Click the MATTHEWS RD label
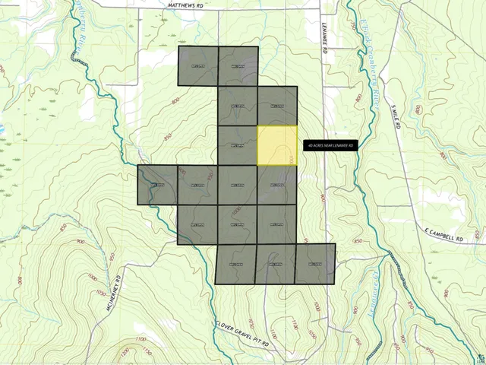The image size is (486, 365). [x=185, y=4]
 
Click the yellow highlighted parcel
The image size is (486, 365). [x=277, y=144]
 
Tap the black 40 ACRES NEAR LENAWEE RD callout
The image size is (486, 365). [x=330, y=144]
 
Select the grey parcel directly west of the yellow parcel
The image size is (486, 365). [x=238, y=144]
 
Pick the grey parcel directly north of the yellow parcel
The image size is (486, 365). [x=277, y=105]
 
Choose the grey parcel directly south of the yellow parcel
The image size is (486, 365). [x=277, y=185]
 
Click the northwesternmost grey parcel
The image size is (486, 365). [x=198, y=66]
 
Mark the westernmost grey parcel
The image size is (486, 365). [x=157, y=185]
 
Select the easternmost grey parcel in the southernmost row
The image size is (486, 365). [x=315, y=264]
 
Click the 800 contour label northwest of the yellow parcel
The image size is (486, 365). [x=175, y=101]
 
